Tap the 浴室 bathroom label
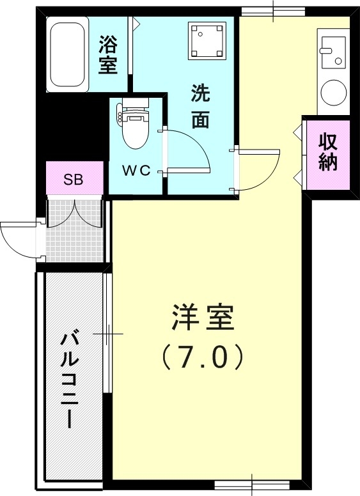pyautogui.click(x=109, y=55)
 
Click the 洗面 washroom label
pyautogui.click(x=201, y=106)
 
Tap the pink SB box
pyautogui.click(x=73, y=179)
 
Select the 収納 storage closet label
pyautogui.click(x=328, y=152)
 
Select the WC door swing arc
pyautogui.click(x=189, y=151)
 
